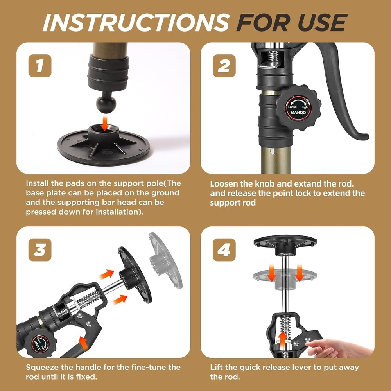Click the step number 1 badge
[x=39, y=66]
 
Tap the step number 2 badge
[x=224, y=66]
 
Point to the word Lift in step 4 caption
[x=216, y=368]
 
